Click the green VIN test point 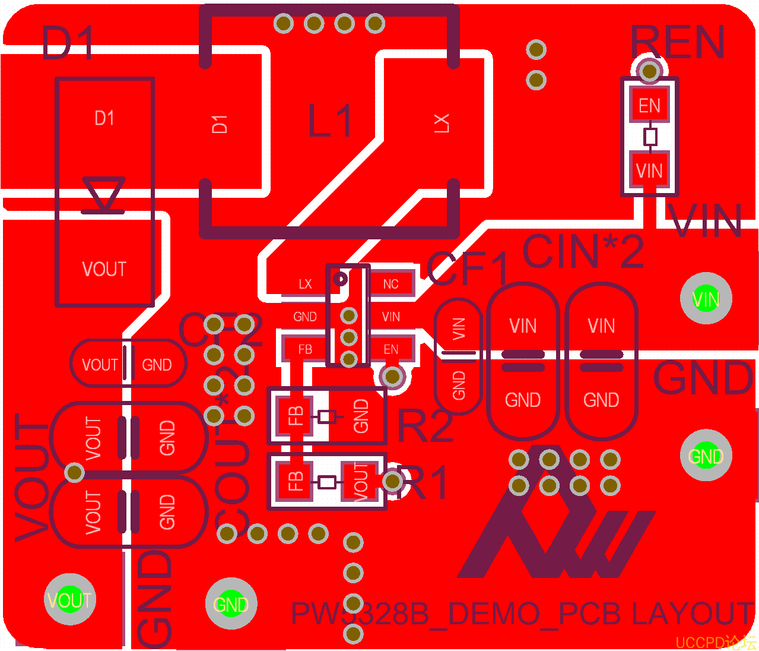coord(706,299)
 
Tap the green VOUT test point coord(69,599)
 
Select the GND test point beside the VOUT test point coord(231,604)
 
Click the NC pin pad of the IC coord(390,284)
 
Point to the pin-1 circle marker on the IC coord(341,278)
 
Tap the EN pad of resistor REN coord(649,106)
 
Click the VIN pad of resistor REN coord(649,171)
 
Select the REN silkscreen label coord(677,42)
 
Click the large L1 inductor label coord(330,121)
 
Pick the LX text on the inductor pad coord(442,123)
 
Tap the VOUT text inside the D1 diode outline coord(104,269)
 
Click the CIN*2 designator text coord(583,252)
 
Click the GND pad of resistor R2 coord(361,415)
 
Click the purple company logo coord(555,523)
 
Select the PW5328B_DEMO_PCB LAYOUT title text coord(522,614)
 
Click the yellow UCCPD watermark coord(716,643)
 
